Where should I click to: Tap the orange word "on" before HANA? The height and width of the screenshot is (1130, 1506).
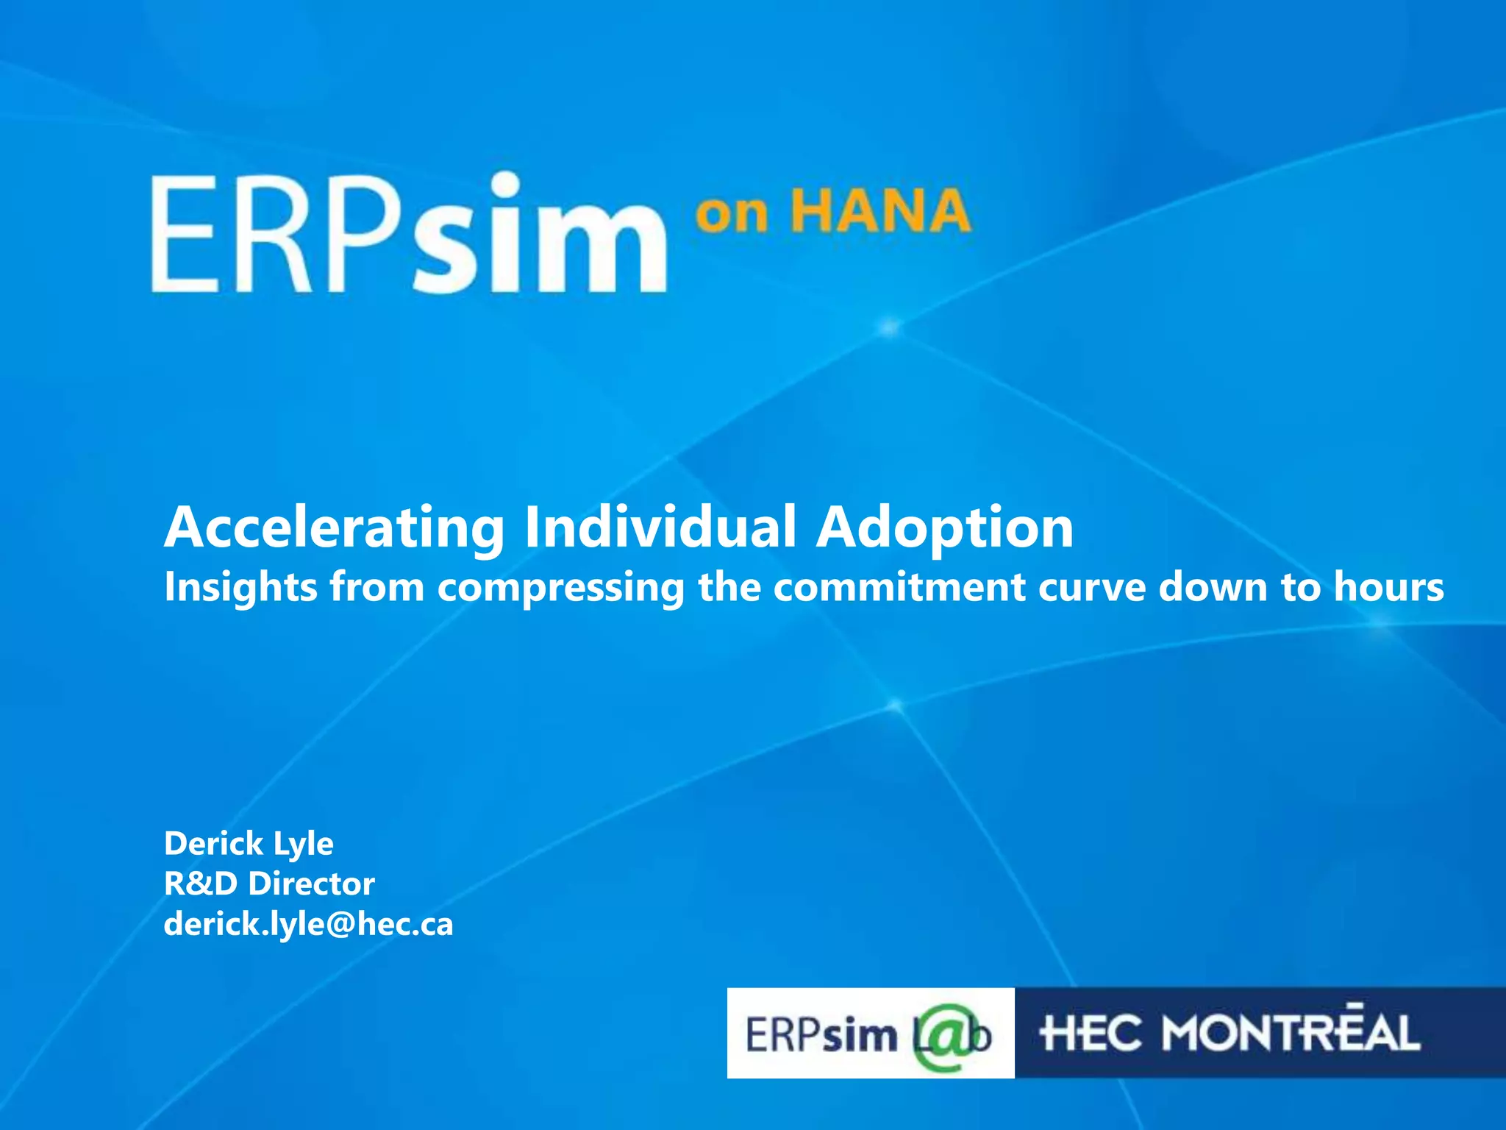[732, 215]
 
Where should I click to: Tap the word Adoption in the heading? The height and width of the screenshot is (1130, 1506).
[945, 528]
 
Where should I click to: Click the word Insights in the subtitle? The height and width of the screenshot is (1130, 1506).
[240, 587]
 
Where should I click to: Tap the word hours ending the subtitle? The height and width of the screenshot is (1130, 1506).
[1389, 587]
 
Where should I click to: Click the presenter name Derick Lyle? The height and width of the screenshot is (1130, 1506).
[249, 844]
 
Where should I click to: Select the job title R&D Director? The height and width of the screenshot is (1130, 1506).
[269, 884]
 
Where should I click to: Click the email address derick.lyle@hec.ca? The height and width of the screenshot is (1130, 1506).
[308, 924]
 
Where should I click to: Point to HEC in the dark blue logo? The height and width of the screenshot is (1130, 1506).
[1091, 1033]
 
